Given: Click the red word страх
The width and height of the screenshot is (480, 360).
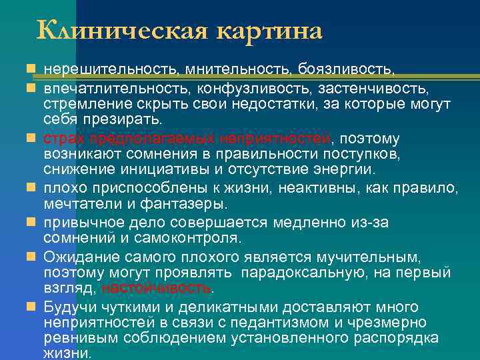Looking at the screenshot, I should pyautogui.click(x=62, y=139).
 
